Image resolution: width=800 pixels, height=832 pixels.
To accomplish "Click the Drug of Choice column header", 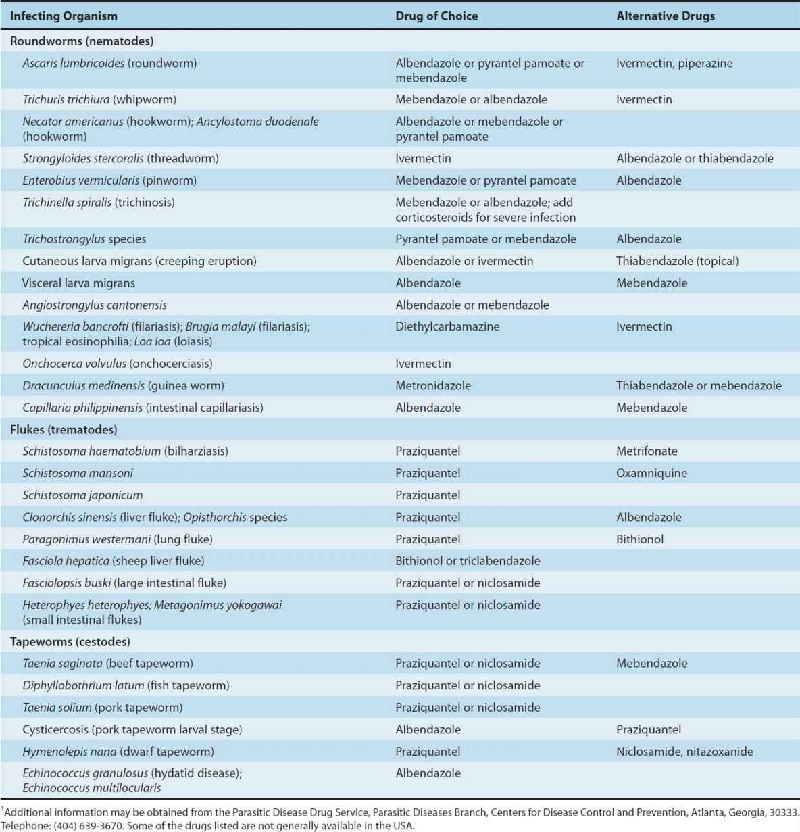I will pos(436,16).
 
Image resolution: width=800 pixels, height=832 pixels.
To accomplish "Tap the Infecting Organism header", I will pos(64,16).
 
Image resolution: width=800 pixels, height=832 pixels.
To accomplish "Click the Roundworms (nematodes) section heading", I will pos(82,41).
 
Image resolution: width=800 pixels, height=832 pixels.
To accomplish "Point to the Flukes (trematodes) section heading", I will pos(64,429).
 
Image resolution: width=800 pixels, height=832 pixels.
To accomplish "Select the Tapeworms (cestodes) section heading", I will pos(70,641).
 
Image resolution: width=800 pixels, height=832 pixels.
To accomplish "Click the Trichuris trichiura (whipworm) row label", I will pos(99,99).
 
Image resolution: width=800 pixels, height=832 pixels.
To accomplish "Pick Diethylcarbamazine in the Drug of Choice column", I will pos(447,326).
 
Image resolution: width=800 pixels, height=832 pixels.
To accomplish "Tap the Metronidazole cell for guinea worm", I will pos(433,385).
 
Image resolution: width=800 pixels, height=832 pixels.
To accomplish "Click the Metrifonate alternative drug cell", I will pos(647,451).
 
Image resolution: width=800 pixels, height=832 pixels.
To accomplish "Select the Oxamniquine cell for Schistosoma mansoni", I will pos(651,473).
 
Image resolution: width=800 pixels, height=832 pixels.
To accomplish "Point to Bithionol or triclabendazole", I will pos(468,560).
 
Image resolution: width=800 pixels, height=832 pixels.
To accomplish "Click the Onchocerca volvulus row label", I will pos(118,363).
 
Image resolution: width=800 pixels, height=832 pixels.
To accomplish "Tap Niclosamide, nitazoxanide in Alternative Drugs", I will pos(684,751).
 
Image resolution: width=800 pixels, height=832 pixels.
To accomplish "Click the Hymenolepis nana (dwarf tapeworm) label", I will pos(118,751).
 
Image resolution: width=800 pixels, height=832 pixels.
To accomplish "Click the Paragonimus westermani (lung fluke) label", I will pos(118,539).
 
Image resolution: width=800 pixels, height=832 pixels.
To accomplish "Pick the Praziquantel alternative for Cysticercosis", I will pos(649,729).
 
